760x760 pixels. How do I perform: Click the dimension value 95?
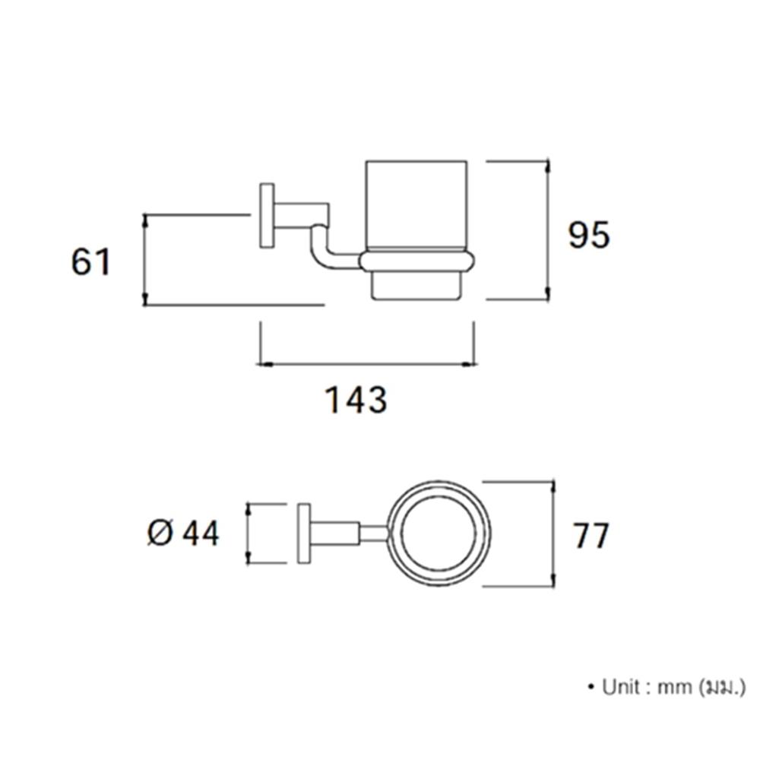(x=588, y=235)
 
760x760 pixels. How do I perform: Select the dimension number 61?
(x=91, y=261)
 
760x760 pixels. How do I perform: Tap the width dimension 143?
(x=356, y=400)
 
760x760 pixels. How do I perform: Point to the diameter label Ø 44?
(x=183, y=534)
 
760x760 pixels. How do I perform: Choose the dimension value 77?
(x=591, y=535)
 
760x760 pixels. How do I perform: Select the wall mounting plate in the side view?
(x=267, y=216)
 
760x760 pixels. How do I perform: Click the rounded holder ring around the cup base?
(x=416, y=261)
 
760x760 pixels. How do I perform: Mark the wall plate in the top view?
(x=304, y=534)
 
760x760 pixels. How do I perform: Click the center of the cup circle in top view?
(x=439, y=534)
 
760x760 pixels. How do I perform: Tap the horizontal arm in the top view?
(x=349, y=534)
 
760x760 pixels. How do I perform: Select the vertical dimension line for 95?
(x=548, y=230)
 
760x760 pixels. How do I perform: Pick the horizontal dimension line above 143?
(x=366, y=364)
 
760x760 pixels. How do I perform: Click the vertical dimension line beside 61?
(x=144, y=260)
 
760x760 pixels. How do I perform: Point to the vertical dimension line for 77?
(x=553, y=534)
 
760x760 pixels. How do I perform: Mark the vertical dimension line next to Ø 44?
(x=249, y=534)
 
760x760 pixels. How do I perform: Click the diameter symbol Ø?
(x=160, y=534)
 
